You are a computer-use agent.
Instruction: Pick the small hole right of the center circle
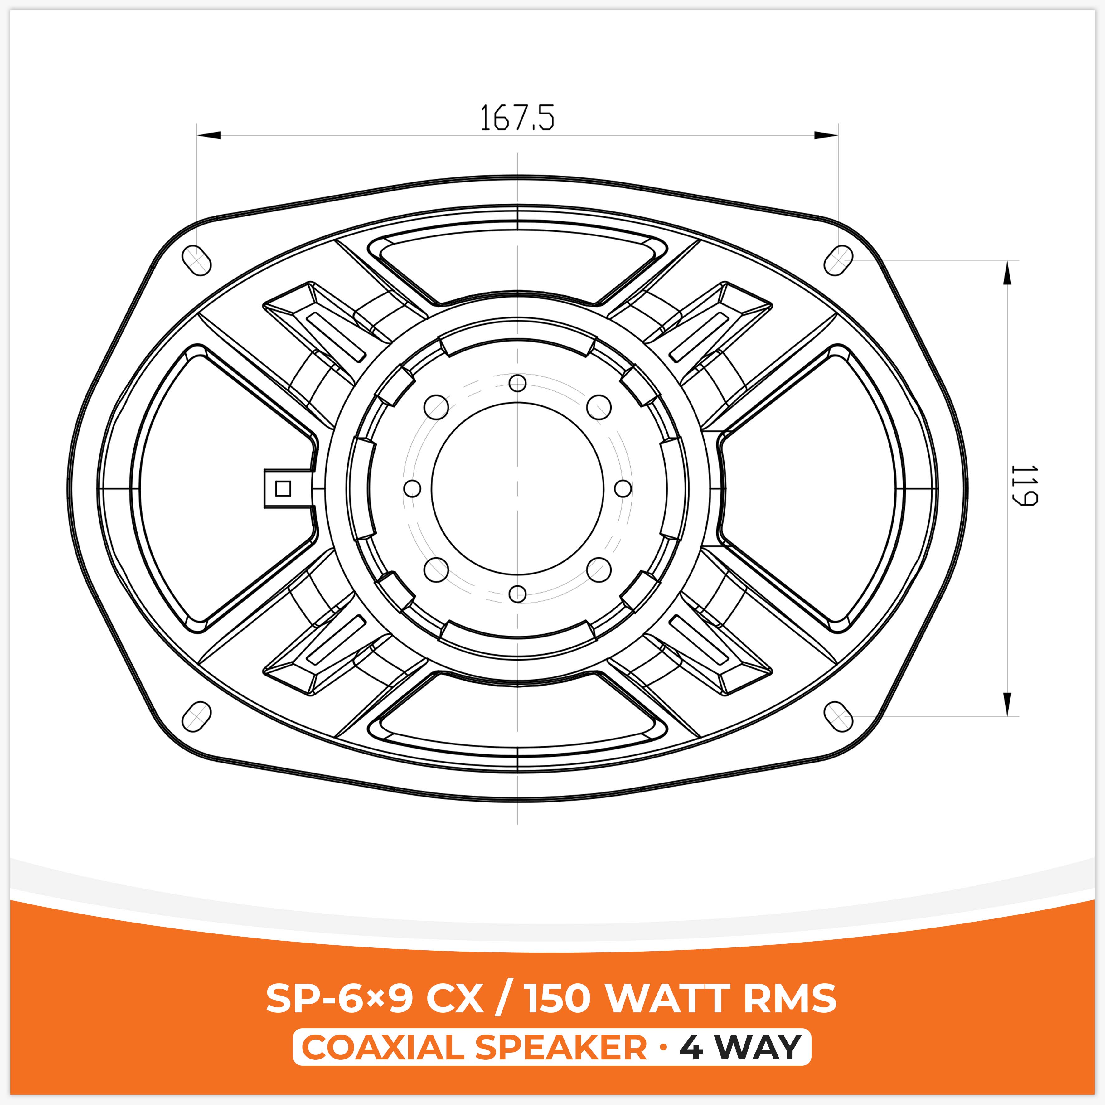point(623,488)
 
